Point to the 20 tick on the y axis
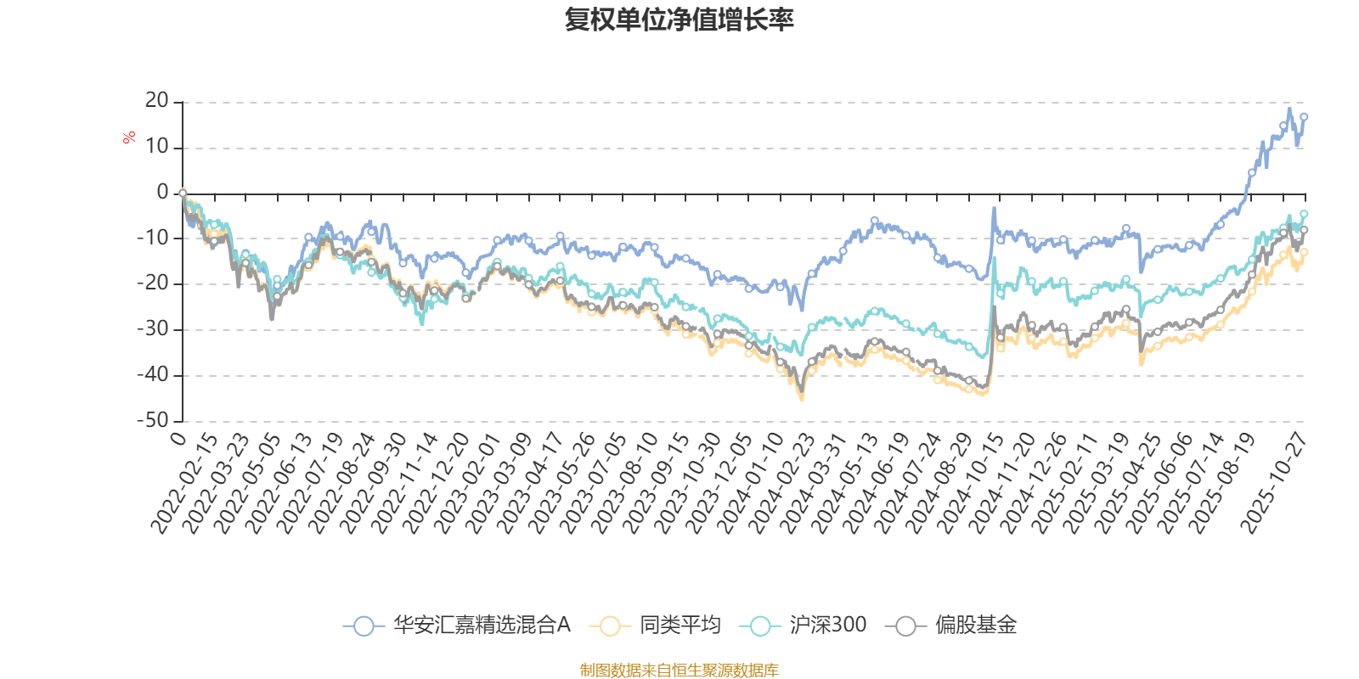157,101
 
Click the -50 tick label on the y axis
153,420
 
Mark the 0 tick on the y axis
162,193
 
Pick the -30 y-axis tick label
153,328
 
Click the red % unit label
129,137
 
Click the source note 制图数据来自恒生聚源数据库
679,671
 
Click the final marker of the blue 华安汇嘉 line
1304,117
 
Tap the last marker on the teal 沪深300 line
1304,214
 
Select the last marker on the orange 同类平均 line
1304,252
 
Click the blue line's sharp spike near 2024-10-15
994,207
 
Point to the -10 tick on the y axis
153,238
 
